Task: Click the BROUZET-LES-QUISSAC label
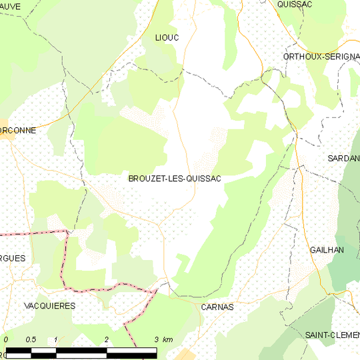pyautogui.click(x=174, y=179)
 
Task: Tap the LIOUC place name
pyautogui.click(x=167, y=37)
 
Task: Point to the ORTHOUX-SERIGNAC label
pyautogui.click(x=321, y=57)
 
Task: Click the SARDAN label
pyautogui.click(x=343, y=158)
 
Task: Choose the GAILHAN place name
pyautogui.click(x=327, y=249)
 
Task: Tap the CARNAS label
pyautogui.click(x=217, y=307)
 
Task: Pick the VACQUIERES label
pyautogui.click(x=49, y=305)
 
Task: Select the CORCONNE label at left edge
pyautogui.click(x=17, y=131)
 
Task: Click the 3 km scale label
pyautogui.click(x=163, y=340)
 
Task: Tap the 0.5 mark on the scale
pyautogui.click(x=31, y=340)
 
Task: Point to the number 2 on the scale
pyautogui.click(x=107, y=340)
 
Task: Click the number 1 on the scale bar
pyautogui.click(x=56, y=340)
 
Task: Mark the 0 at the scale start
pyautogui.click(x=6, y=340)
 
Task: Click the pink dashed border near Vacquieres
pyautogui.click(x=65, y=260)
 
